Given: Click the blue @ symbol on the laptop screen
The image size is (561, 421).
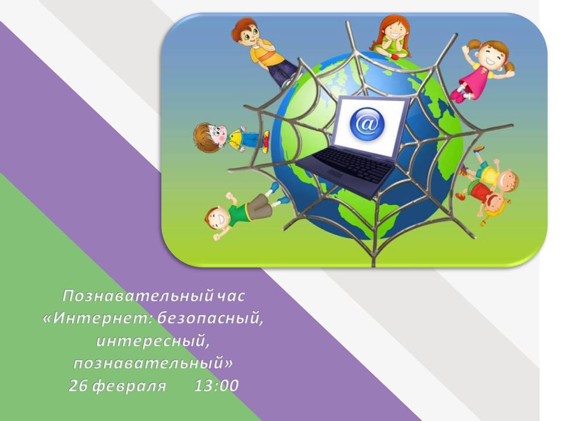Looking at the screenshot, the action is tap(367, 124).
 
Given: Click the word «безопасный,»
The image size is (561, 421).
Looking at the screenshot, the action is tap(210, 318).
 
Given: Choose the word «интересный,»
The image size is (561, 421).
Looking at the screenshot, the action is tap(153, 340).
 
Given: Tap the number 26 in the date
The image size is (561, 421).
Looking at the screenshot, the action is tap(79, 385).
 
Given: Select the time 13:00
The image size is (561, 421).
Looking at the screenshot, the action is tap(216, 385).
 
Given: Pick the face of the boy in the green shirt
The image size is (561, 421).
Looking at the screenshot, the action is tap(217, 218).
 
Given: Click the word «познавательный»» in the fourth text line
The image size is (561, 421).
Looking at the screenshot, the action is tap(153, 363).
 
